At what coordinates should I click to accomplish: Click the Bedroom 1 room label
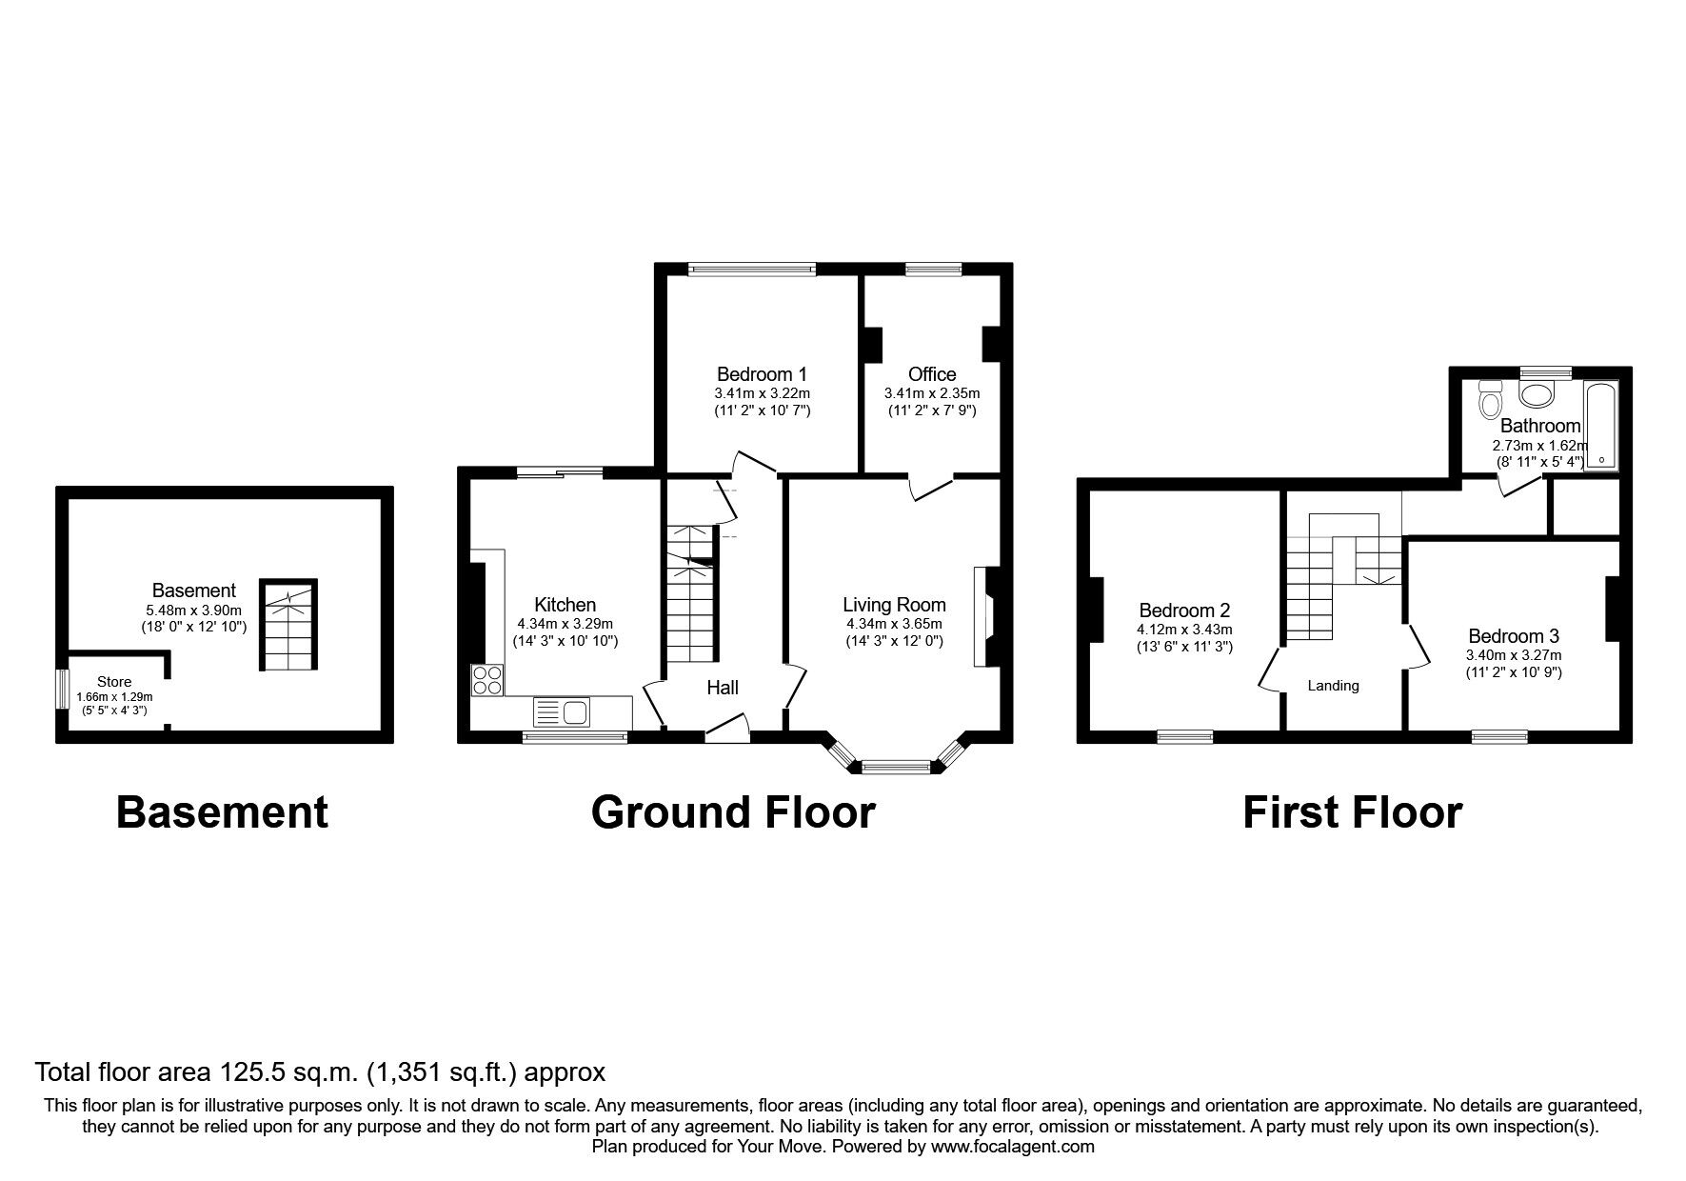coord(762,373)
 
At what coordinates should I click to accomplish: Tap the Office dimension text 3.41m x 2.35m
coord(931,393)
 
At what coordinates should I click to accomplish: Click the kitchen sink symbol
coord(563,711)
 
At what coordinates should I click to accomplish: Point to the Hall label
coord(723,688)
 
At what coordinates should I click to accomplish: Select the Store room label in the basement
coord(114,682)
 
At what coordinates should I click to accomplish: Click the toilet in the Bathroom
coord(1489,402)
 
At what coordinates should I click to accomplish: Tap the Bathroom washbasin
coord(1536,395)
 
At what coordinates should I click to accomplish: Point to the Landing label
coord(1333,686)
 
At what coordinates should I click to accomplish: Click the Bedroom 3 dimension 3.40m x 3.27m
coord(1513,655)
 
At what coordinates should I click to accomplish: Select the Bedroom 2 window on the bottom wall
coord(1184,736)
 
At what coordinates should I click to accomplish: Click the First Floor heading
coord(1352,812)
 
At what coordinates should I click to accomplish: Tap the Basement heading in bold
coord(222,812)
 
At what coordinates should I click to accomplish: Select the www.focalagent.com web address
coord(1012,1147)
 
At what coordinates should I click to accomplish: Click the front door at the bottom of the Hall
coord(727,731)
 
